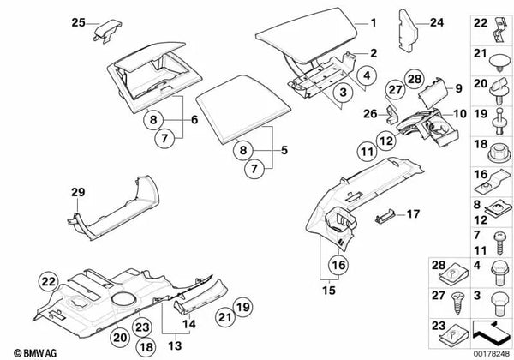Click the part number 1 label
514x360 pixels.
373,21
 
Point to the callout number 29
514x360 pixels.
79,191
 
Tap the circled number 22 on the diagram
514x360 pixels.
49,281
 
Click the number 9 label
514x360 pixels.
457,88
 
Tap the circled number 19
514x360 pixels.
242,305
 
